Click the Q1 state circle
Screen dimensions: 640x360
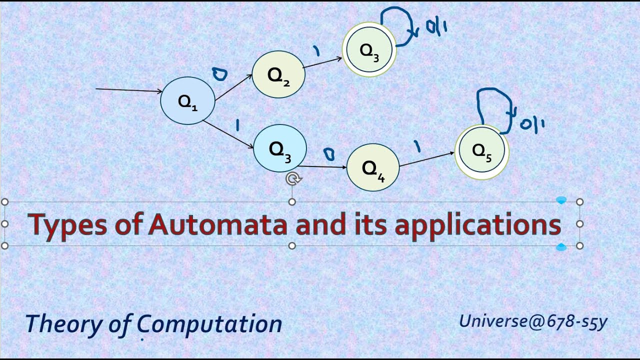187,100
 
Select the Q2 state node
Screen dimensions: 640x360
278,74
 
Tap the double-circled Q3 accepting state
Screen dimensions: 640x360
369,49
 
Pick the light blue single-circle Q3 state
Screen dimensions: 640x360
279,148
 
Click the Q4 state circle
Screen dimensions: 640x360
373,168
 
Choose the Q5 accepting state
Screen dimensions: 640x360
481,151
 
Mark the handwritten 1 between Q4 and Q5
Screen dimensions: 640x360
416,146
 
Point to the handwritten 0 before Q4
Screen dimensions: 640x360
328,154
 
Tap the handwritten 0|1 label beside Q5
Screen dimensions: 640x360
532,123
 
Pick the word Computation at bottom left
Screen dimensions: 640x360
210,324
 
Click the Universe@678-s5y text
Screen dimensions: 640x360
533,321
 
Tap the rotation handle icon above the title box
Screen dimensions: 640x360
292,179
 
